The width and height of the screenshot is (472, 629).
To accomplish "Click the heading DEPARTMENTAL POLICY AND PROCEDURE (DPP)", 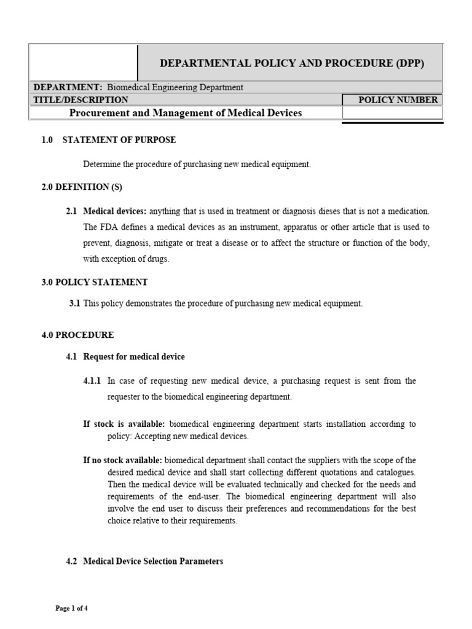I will click(x=292, y=63).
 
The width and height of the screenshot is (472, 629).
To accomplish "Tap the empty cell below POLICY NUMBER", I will click(x=391, y=114).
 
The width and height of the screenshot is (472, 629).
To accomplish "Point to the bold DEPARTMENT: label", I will click(x=66, y=87).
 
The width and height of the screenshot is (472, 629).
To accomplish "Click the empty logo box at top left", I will click(x=84, y=62).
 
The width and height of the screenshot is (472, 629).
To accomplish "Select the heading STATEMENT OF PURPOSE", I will click(x=119, y=140).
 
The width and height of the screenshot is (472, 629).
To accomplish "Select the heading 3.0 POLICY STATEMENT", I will click(x=94, y=282).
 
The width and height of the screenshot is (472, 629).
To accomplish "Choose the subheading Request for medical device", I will click(x=133, y=356).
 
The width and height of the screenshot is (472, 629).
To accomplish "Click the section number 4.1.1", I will click(x=92, y=381).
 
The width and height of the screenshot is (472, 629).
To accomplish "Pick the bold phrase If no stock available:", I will click(x=123, y=460).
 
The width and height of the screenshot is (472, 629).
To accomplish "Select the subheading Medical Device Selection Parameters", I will click(x=153, y=561).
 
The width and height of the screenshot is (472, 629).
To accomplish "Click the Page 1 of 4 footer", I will click(x=72, y=608).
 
